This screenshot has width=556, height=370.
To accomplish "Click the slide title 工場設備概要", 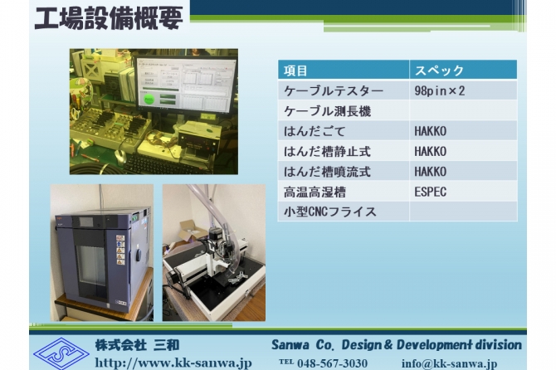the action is pos(109,17).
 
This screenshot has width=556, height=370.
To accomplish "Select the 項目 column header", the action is pos(295,71).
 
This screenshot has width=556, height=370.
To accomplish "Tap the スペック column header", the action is pos(439,71).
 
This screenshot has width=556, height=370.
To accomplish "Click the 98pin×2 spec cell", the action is pos(439,90).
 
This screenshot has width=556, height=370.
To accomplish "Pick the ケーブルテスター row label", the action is pos(334,91).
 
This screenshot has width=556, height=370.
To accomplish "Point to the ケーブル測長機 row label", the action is pos(327,111).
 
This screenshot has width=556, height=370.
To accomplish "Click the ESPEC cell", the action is pos(430,192).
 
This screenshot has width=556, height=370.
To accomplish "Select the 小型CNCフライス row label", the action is pos(329,212).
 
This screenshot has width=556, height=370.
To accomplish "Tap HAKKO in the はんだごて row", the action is pos(430,131).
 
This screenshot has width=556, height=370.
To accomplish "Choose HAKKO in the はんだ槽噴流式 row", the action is pos(430,172).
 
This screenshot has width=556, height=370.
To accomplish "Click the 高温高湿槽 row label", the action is pos(315,192).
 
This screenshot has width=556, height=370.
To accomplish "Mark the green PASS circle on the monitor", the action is pos(149,100).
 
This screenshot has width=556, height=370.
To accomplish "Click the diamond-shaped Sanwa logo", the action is pos(61,353).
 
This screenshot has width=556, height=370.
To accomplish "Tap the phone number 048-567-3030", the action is pos(332,363).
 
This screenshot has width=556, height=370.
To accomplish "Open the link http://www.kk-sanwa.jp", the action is pos(173,363).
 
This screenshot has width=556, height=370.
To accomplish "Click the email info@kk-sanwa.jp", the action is pos(449,363).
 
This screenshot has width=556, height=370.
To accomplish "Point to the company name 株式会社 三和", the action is pos(137,345).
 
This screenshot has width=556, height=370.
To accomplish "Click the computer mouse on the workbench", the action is pos(120,156).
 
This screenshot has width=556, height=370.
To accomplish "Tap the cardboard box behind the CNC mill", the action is pos(193,230).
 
